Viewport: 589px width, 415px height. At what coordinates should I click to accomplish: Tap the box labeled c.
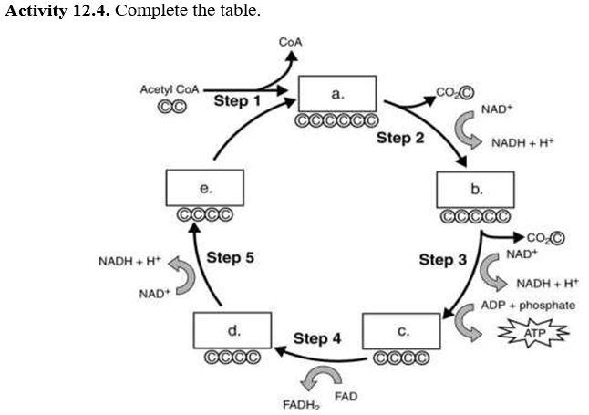[x=401, y=332]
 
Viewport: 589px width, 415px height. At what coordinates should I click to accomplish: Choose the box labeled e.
[x=205, y=189]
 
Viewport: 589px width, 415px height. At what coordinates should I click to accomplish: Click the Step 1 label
[x=237, y=100]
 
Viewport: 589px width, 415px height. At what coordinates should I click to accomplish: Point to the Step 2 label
[x=400, y=139]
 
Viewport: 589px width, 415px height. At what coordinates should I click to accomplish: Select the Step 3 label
[x=442, y=260]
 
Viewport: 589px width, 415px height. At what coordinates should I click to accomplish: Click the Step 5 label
[x=230, y=257]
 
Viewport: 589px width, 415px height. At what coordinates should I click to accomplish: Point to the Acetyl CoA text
[x=169, y=89]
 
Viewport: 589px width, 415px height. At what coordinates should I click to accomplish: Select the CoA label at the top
[x=290, y=42]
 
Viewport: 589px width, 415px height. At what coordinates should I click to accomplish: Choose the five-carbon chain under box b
[x=475, y=217]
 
